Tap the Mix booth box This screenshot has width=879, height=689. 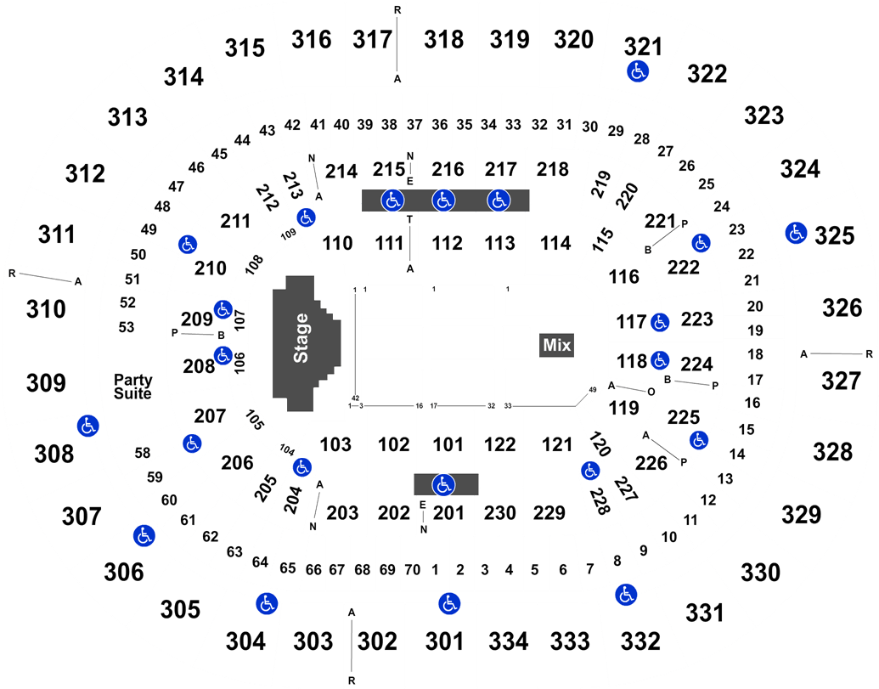tap(556, 345)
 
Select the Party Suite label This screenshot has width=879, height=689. tap(132, 387)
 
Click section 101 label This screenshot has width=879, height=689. tap(448, 444)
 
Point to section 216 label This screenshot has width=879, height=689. tap(448, 169)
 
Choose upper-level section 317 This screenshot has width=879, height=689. tap(372, 40)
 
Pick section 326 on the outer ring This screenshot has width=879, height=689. tap(842, 308)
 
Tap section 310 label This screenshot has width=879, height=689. tap(46, 309)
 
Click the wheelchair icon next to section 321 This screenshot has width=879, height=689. tap(638, 71)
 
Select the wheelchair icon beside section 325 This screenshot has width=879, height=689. tap(796, 233)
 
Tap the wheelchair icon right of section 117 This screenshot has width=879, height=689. tap(660, 322)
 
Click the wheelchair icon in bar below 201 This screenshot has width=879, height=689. tap(444, 485)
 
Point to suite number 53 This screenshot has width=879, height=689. tap(127, 327)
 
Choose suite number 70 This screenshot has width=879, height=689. tap(413, 569)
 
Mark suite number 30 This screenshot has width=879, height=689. tap(589, 127)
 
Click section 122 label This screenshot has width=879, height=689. tap(500, 444)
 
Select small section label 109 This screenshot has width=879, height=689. tap(288, 234)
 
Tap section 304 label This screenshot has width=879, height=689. tap(245, 641)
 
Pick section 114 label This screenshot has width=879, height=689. tap(555, 243)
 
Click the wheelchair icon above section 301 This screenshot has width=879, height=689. tap(449, 604)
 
